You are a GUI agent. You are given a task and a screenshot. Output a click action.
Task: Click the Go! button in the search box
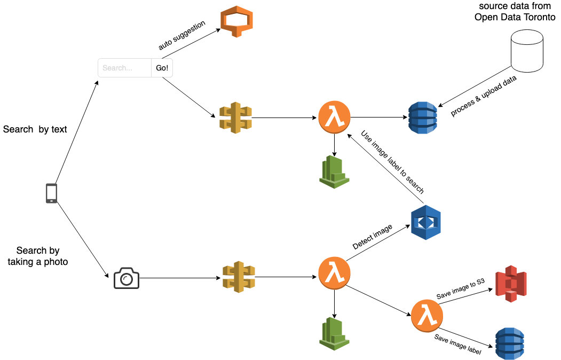click(x=162, y=68)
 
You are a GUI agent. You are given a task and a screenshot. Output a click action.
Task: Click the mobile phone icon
click(x=51, y=193)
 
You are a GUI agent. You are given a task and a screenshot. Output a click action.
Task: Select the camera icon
click(x=127, y=278)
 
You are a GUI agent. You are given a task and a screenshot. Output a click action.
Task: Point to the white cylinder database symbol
click(x=527, y=51)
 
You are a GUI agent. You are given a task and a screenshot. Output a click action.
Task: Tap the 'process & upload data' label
click(x=485, y=95)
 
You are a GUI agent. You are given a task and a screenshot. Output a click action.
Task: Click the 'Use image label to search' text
click(x=392, y=162)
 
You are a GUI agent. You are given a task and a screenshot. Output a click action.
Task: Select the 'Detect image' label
click(x=373, y=237)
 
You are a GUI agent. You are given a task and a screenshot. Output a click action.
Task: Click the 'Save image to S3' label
click(x=460, y=289)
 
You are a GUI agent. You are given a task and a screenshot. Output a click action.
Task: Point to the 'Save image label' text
click(x=458, y=345)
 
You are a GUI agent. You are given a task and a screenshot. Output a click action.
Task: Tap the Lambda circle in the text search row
click(x=334, y=118)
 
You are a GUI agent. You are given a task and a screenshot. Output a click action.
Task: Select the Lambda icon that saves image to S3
click(x=427, y=315)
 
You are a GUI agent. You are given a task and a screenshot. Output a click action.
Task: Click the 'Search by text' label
click(x=35, y=129)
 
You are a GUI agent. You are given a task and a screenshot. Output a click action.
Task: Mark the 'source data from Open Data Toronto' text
click(x=515, y=12)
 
